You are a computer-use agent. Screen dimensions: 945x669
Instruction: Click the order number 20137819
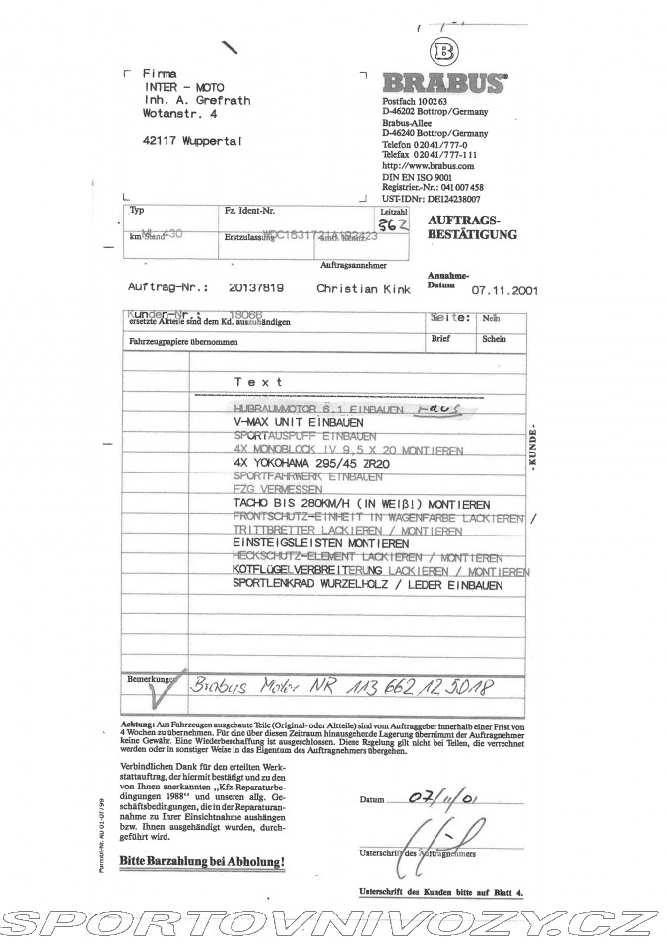coord(255,289)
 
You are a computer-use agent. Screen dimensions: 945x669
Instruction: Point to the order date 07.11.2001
coord(505,290)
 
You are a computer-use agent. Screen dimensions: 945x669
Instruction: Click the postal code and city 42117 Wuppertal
coord(191,140)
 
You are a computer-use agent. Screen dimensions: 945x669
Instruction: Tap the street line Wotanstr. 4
coord(179,114)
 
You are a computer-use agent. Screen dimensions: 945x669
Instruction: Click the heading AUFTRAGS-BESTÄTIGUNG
coord(473,227)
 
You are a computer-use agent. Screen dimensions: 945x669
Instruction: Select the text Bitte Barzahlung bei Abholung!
coord(202,862)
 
